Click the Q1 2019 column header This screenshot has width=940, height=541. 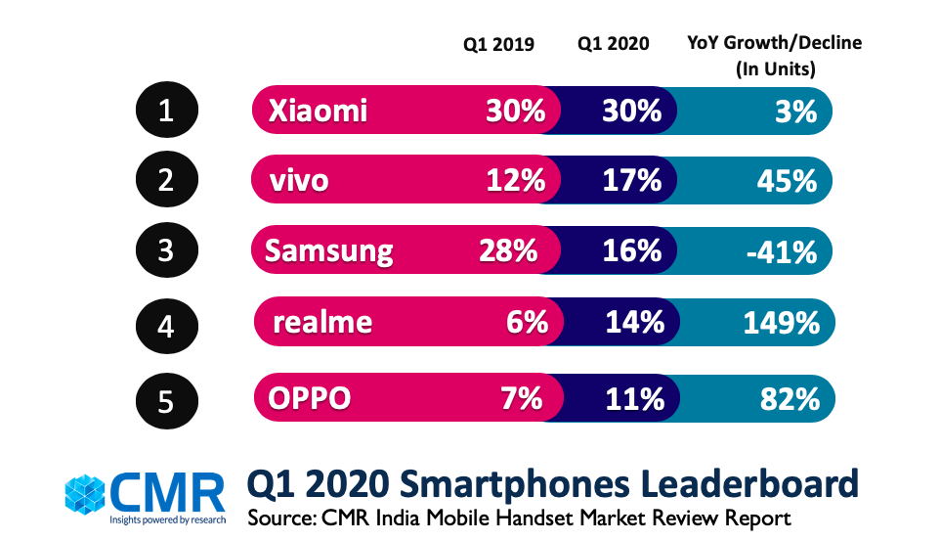[498, 44]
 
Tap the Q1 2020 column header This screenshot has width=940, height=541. [612, 44]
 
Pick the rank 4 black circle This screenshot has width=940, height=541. [165, 325]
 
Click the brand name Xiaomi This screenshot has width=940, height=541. [318, 112]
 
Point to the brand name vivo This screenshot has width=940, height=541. [299, 182]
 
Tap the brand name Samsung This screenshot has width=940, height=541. [329, 252]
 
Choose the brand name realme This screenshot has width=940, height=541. [322, 324]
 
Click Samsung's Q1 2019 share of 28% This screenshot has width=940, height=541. [508, 252]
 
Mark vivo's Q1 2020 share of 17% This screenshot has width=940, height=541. [633, 182]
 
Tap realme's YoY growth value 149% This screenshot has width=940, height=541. [780, 324]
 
